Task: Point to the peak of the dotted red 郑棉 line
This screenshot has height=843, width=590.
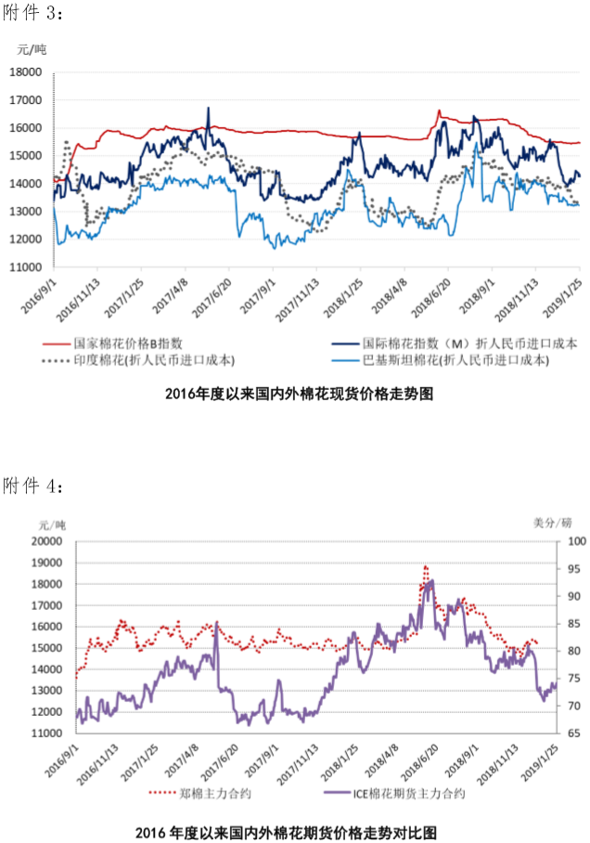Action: coord(425,565)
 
